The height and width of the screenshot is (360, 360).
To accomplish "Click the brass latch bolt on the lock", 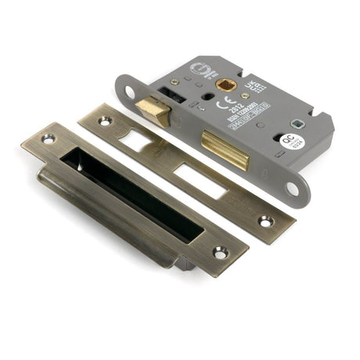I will point(153,110).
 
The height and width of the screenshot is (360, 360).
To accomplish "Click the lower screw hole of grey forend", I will point(292,188).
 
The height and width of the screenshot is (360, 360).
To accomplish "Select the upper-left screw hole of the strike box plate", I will point(48,139).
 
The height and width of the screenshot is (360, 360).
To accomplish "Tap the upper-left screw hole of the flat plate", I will point(104,121).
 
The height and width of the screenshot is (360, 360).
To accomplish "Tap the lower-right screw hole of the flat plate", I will point(266,221).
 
